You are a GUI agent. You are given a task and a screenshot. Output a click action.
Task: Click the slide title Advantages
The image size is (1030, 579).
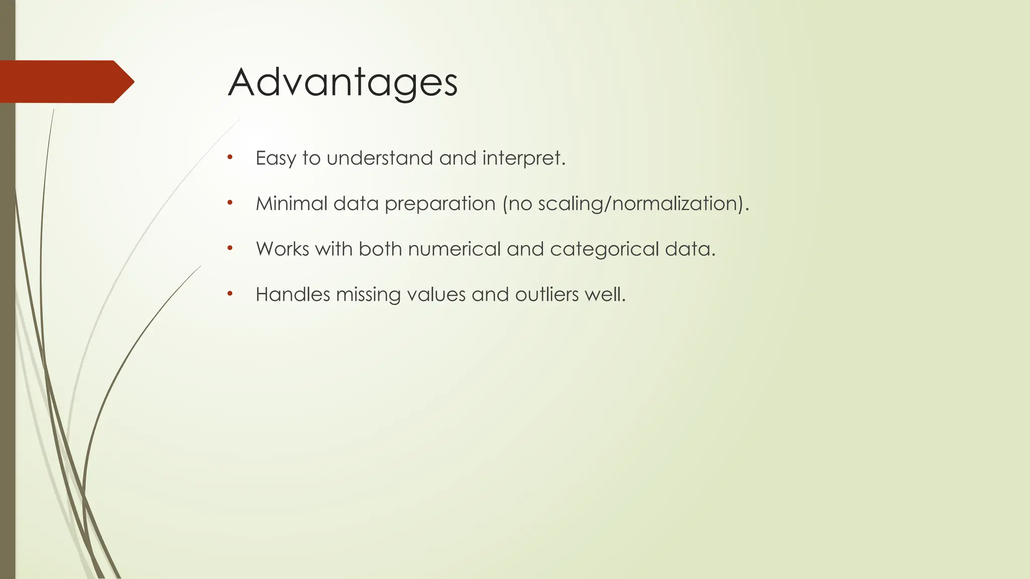click(x=342, y=82)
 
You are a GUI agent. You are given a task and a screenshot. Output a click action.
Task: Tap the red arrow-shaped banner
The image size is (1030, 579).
click(x=65, y=81)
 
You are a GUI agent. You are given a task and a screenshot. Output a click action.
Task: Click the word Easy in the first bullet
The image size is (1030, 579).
click(x=276, y=159)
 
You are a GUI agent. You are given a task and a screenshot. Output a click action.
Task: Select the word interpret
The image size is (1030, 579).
click(x=523, y=159)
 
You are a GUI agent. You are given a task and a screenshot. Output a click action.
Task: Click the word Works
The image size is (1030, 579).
click(x=282, y=249)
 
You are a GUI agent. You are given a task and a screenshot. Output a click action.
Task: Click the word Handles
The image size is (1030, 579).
click(x=293, y=295)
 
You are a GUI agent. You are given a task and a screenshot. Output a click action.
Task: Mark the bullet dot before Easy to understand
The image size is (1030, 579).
click(x=230, y=157)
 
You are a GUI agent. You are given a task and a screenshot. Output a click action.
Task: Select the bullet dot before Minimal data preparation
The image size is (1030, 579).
click(x=230, y=203)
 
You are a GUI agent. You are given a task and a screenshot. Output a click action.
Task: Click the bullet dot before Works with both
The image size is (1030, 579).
click(x=230, y=248)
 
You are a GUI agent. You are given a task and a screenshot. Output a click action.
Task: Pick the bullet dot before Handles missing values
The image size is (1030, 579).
click(x=230, y=293)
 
